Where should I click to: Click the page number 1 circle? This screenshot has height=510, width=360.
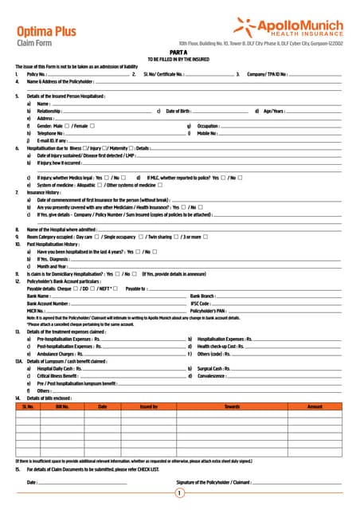(180, 493)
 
